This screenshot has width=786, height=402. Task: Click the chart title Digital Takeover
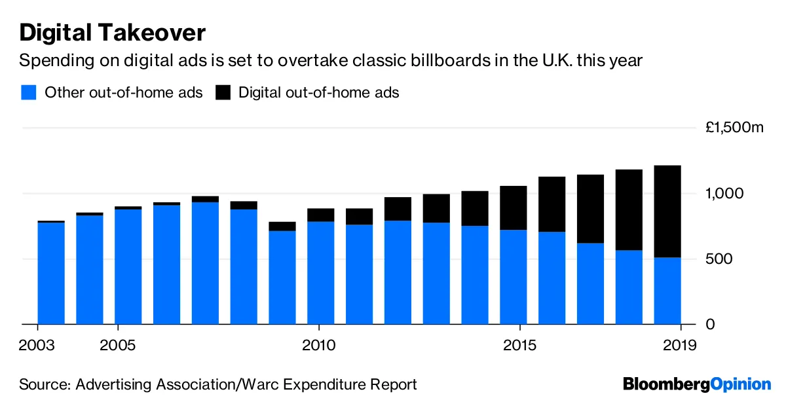(113, 32)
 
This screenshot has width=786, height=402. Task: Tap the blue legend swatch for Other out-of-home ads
(28, 92)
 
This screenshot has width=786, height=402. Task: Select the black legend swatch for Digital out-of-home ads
(223, 92)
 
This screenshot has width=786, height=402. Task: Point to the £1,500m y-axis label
(734, 128)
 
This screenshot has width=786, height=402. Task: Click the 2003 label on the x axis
(38, 344)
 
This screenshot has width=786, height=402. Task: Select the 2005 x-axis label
(118, 344)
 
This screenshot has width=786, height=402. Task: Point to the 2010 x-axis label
(318, 344)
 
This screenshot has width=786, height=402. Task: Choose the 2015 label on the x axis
(519, 344)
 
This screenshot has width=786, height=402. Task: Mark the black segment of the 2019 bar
(668, 211)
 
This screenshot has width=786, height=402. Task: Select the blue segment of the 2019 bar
(668, 291)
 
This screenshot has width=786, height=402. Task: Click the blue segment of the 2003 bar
(51, 274)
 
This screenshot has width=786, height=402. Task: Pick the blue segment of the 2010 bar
(321, 273)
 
